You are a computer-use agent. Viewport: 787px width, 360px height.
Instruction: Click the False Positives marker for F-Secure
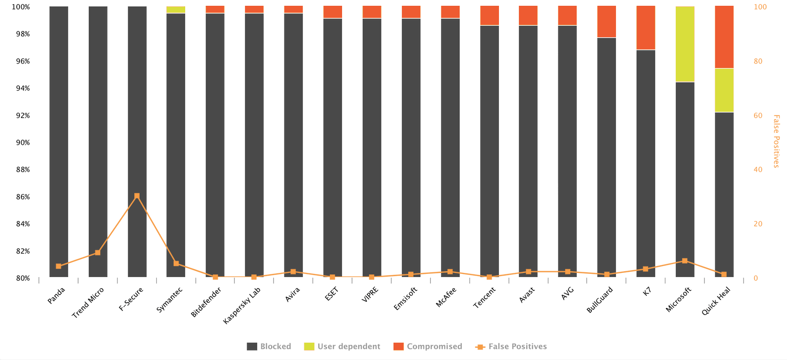pos(137,196)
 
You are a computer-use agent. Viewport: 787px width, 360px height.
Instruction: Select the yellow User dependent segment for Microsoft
pos(685,44)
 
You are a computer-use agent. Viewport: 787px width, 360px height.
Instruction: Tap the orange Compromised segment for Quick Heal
pos(724,37)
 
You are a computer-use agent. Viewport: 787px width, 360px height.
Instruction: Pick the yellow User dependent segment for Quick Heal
pos(724,90)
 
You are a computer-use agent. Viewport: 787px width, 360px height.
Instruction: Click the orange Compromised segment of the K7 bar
pos(646,28)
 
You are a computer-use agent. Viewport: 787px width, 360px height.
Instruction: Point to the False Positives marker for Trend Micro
pos(98,252)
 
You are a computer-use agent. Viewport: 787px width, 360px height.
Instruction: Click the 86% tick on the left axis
pos(23,197)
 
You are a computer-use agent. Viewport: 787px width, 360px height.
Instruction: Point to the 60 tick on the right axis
pos(758,115)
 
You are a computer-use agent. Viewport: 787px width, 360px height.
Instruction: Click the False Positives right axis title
pos(776,141)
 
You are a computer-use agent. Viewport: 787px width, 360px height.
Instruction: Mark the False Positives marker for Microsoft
pos(685,261)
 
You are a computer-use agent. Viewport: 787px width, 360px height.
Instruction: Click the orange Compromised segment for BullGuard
pos(607,22)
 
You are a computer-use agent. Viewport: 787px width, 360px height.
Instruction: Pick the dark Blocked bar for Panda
pos(59,142)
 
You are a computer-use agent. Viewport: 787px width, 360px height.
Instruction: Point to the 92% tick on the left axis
pos(23,115)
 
